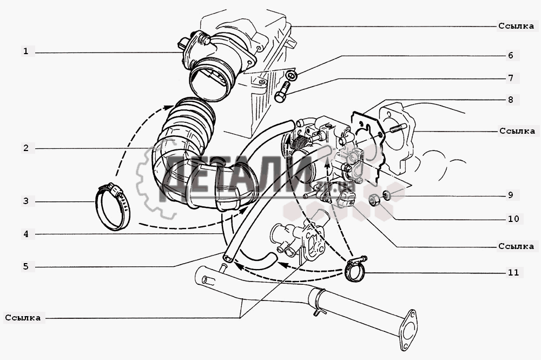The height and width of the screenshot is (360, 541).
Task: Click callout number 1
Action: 25,51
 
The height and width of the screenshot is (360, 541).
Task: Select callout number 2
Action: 26,148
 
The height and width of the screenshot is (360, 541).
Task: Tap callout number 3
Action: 26,201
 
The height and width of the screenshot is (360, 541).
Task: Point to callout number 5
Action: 26,266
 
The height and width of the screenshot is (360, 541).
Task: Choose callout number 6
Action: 511,55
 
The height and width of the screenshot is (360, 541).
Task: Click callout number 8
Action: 511,100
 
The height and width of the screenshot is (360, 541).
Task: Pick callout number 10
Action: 513,219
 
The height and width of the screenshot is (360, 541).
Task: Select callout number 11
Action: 513,272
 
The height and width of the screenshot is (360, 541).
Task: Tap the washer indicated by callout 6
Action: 292,75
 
